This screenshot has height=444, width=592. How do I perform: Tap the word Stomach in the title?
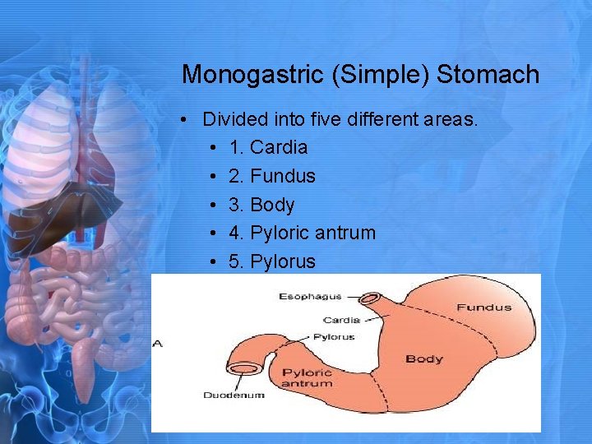pos(488,75)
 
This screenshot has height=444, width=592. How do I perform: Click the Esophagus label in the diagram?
pos(310,296)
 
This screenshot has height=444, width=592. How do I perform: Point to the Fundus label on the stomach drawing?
pos(483,308)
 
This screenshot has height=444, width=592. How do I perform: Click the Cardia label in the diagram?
pos(341,320)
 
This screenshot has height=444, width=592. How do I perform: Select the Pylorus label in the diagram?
pos(334,336)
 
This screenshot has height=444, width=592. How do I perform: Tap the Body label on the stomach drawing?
pos(424,358)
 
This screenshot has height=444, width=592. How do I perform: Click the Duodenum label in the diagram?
pos(234,395)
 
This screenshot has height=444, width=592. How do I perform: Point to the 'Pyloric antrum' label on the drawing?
pos(307,378)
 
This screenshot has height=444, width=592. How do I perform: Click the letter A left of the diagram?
pos(158,343)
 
